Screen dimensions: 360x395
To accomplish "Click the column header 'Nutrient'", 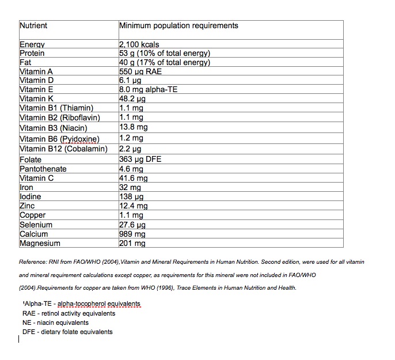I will (33, 26).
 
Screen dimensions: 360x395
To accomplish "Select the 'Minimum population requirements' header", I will (178, 26).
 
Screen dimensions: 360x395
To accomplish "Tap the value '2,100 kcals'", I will (139, 44).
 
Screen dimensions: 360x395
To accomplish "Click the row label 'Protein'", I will (32, 54).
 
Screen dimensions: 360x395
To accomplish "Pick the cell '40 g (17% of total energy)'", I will (165, 63).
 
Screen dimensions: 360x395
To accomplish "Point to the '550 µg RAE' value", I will (140, 72).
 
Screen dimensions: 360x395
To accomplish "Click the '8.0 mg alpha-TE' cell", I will (148, 90).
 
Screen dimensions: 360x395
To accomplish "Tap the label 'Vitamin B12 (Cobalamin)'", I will (63, 149).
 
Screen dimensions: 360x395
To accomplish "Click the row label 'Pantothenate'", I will (43, 169).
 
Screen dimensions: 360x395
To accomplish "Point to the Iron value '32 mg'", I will (130, 187).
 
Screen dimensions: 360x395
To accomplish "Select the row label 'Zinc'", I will (28, 206).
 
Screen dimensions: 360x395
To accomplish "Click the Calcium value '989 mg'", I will (132, 234).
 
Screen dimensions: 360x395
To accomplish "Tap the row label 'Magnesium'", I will (40, 243).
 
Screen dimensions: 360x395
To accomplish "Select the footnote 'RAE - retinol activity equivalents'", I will (65, 313).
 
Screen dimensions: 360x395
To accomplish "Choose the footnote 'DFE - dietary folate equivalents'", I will (67, 332).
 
